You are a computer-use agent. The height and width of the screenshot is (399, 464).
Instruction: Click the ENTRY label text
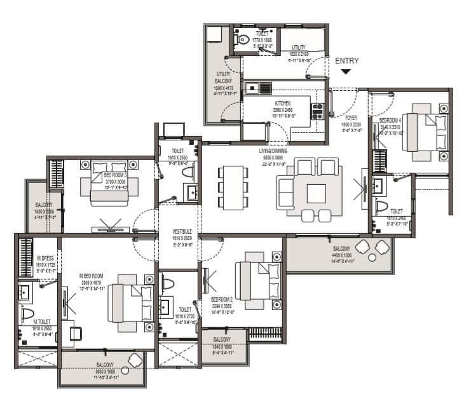(347, 61)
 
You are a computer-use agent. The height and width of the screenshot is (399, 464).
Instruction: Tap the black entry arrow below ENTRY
(346, 72)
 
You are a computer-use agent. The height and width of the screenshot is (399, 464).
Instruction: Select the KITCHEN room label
(283, 103)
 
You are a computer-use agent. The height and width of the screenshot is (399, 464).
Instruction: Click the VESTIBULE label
(182, 231)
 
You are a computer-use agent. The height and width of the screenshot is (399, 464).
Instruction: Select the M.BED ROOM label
(91, 275)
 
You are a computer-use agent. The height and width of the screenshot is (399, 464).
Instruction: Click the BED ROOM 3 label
(115, 175)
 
